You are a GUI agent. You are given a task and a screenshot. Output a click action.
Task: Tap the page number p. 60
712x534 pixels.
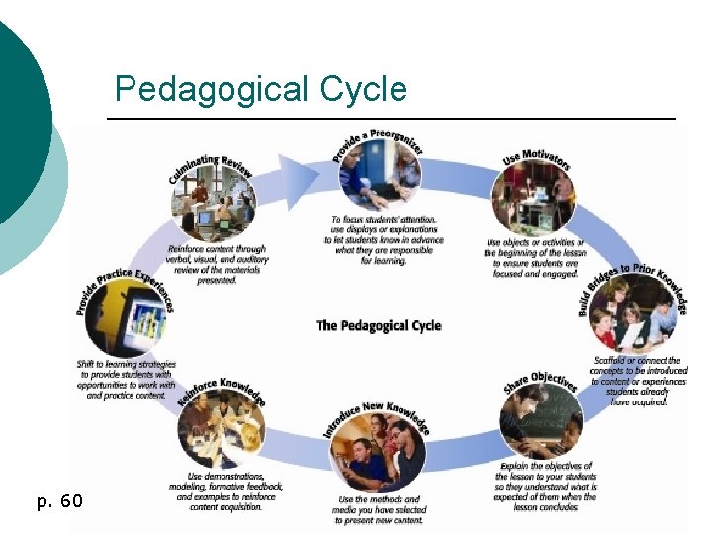(x=58, y=502)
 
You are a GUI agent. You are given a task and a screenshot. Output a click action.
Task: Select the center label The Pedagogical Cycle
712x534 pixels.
(x=379, y=325)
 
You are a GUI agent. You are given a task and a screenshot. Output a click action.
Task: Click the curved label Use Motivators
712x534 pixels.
(x=537, y=159)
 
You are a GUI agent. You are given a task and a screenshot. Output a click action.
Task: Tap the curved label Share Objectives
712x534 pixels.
(x=540, y=380)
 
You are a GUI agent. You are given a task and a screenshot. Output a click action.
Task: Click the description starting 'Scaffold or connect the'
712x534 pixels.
(x=638, y=381)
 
